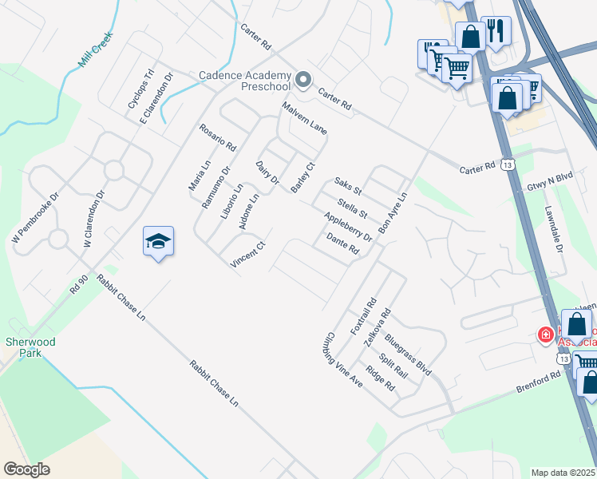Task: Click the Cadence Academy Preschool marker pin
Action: click(x=303, y=79)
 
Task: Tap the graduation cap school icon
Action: click(x=158, y=241)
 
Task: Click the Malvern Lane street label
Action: click(x=304, y=118)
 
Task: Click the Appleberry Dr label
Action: click(x=349, y=227)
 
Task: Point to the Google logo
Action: click(x=26, y=469)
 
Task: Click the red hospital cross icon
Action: click(x=546, y=335)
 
